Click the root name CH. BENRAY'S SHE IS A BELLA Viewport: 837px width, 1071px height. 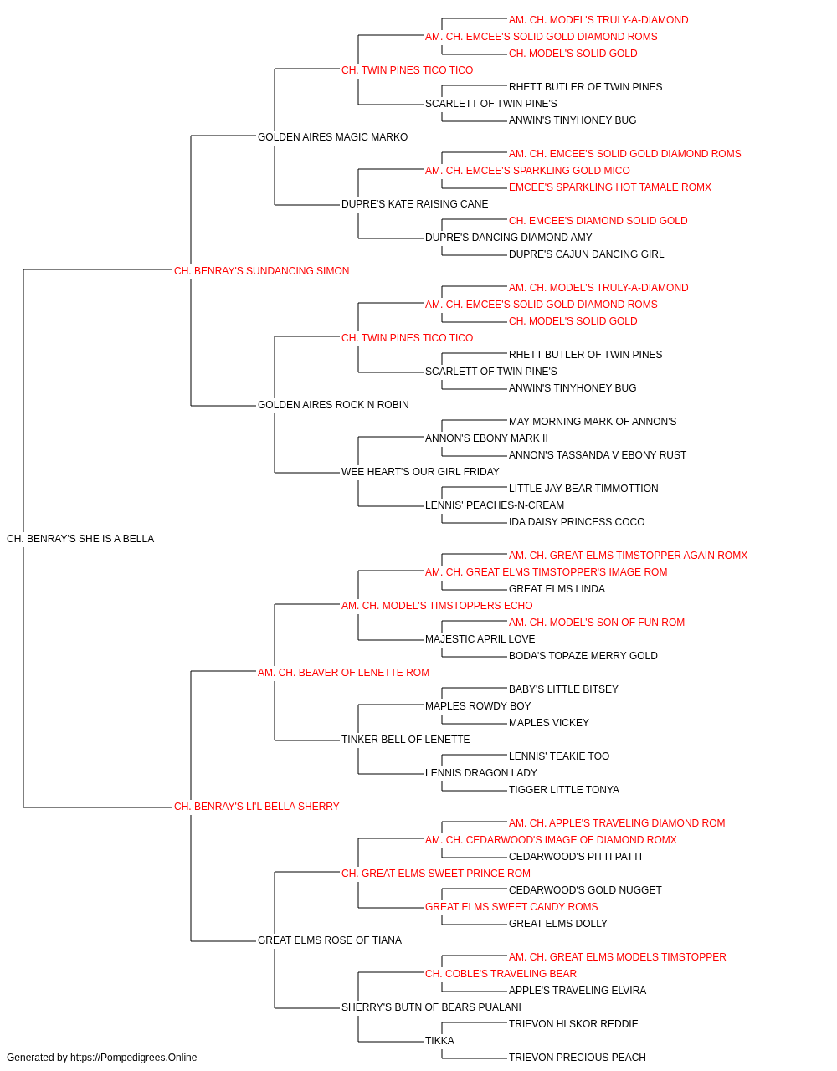click(80, 539)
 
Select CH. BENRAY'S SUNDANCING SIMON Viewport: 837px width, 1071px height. click(261, 271)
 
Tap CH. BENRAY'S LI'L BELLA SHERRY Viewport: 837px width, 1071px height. click(256, 807)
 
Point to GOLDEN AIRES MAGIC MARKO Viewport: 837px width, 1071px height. click(333, 137)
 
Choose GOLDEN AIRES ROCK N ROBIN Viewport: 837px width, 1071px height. click(333, 405)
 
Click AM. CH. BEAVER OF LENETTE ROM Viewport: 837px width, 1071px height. click(343, 673)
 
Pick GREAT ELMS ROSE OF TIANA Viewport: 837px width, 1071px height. click(329, 940)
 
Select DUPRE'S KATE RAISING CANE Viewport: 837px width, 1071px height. click(414, 204)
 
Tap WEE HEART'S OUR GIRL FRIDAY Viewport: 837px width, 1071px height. click(420, 472)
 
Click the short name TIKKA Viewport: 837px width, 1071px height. click(439, 1040)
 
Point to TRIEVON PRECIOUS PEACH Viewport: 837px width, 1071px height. click(578, 1058)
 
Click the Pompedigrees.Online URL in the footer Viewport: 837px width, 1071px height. click(133, 1058)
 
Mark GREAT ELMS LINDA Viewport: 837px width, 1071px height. click(557, 589)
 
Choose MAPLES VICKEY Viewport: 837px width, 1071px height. click(548, 723)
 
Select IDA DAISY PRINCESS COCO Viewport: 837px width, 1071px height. click(577, 522)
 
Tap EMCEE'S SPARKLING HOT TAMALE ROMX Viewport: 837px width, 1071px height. click(610, 187)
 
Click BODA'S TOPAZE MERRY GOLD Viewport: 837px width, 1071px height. click(583, 656)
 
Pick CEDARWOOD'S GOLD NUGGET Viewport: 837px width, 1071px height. click(585, 890)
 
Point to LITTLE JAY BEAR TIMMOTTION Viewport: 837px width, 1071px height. click(583, 489)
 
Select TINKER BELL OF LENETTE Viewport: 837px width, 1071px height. click(405, 740)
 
